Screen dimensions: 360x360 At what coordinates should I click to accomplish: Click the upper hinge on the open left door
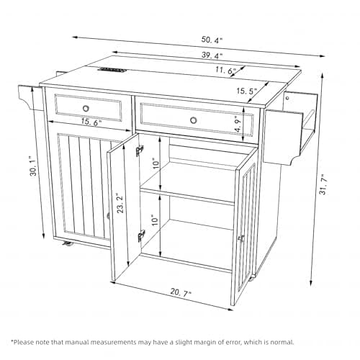pyautogui.click(x=140, y=150)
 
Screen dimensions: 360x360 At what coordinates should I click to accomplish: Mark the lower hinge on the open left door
pyautogui.click(x=142, y=235)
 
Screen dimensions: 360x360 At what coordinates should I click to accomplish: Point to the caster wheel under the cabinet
pyautogui.click(x=69, y=245)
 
